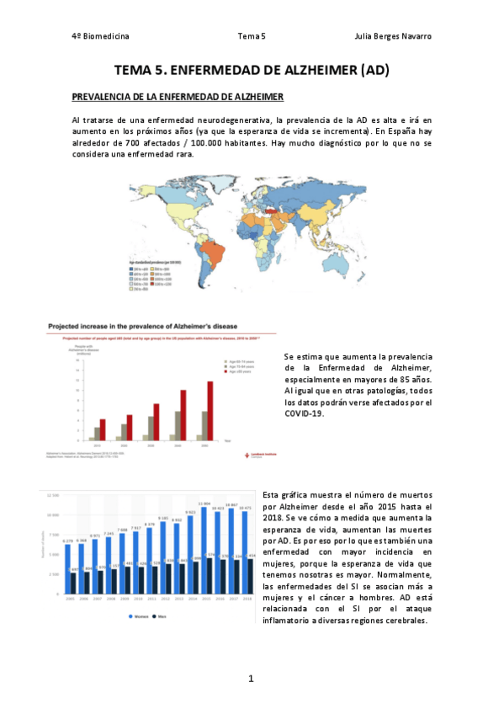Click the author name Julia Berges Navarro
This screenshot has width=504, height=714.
(x=395, y=36)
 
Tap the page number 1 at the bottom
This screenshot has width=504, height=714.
(x=251, y=678)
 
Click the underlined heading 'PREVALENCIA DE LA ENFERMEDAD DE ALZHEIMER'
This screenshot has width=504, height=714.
(x=178, y=97)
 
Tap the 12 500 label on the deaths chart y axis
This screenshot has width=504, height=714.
(x=51, y=495)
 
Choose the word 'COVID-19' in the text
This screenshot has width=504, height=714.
(x=304, y=413)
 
